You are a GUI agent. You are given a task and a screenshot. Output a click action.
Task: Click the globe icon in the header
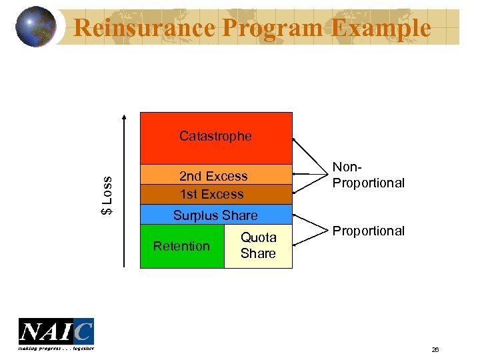(35, 27)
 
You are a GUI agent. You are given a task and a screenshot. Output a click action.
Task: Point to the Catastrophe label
(215, 136)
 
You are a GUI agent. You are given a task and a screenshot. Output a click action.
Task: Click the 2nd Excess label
(213, 176)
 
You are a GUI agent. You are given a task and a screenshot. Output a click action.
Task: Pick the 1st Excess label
(212, 194)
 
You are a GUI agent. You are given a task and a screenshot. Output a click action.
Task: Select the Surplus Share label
(215, 215)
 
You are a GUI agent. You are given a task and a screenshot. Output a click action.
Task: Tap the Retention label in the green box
(181, 246)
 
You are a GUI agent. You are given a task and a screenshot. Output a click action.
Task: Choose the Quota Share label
(258, 245)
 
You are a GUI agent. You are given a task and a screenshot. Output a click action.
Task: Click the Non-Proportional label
(369, 176)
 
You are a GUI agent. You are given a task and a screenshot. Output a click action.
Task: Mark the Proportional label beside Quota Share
(369, 231)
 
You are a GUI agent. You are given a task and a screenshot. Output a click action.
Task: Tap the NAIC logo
(56, 331)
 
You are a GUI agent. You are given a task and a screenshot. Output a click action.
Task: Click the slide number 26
(435, 349)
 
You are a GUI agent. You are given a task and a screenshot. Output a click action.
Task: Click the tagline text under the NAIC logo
(56, 348)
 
